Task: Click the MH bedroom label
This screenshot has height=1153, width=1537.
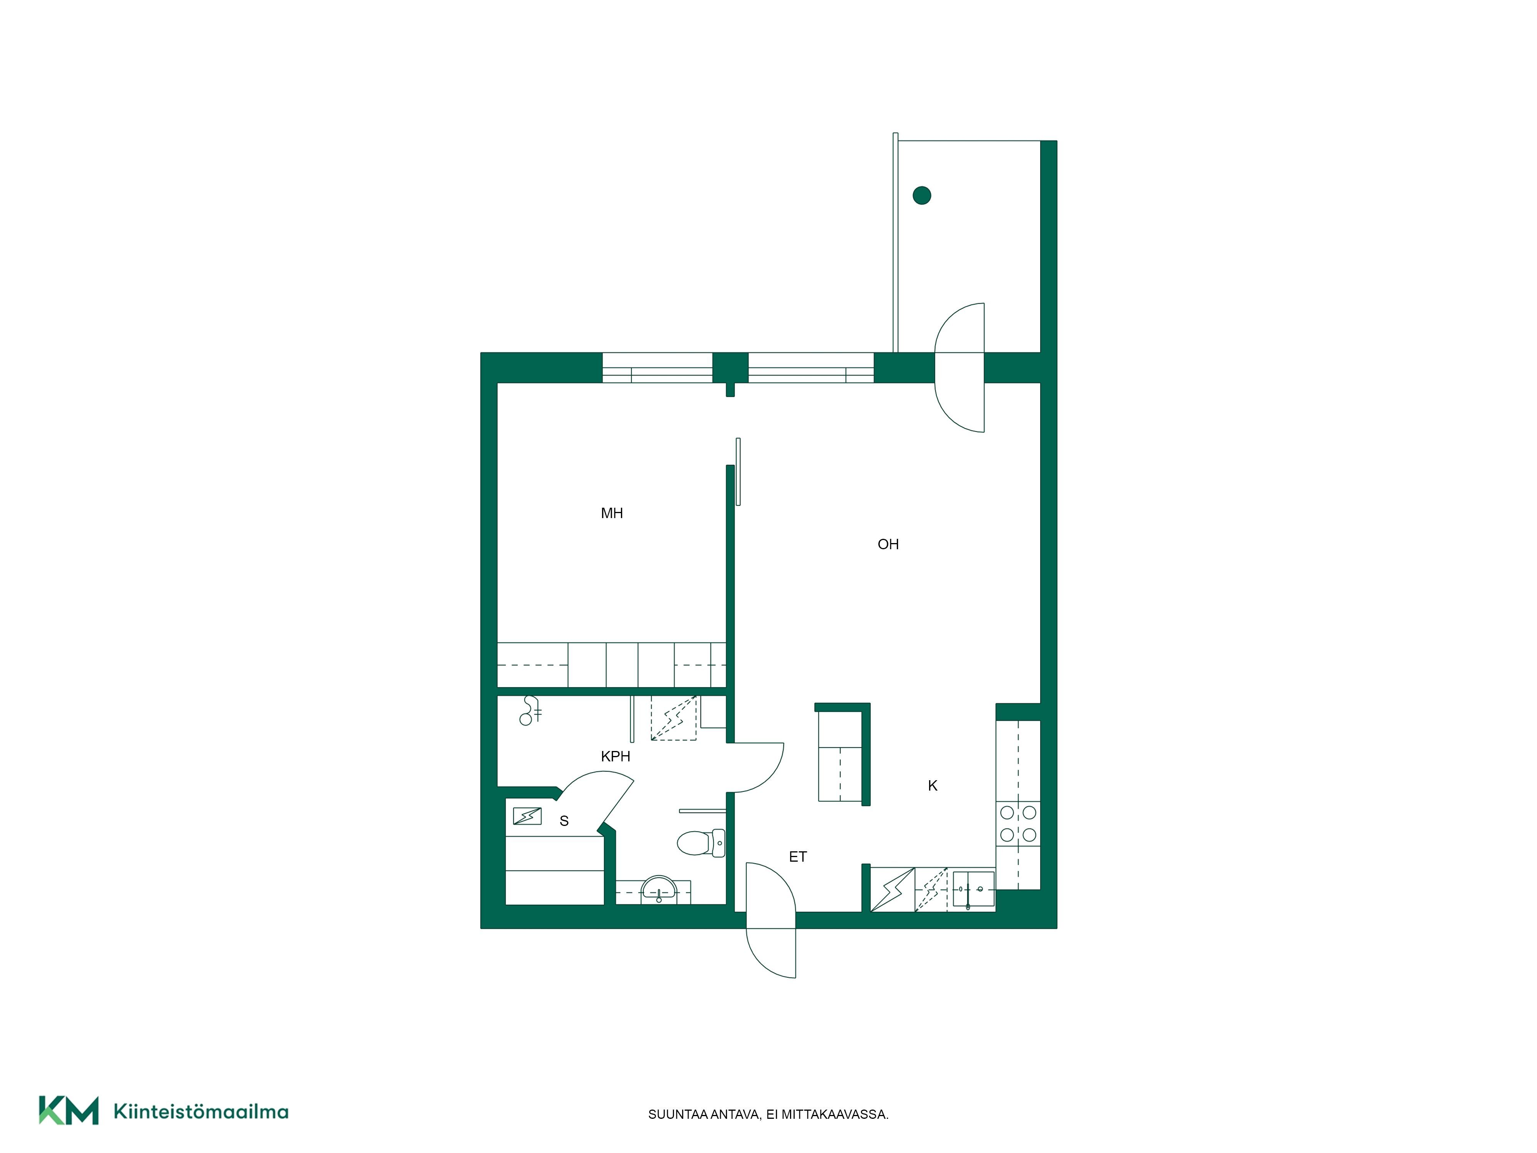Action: point(611,513)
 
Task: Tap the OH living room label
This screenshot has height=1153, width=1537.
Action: point(888,544)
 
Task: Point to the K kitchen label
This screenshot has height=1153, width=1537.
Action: point(933,785)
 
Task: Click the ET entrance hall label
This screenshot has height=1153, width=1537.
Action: point(798,857)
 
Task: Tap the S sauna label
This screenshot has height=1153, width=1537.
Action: point(564,821)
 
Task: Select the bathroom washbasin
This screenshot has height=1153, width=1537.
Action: point(658,889)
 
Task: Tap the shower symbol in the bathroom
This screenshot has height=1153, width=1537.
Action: point(530,710)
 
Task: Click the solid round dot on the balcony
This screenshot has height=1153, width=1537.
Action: point(921,195)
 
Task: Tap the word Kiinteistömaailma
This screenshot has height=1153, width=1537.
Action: point(201,1111)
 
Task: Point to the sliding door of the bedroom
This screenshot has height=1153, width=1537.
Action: point(738,471)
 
